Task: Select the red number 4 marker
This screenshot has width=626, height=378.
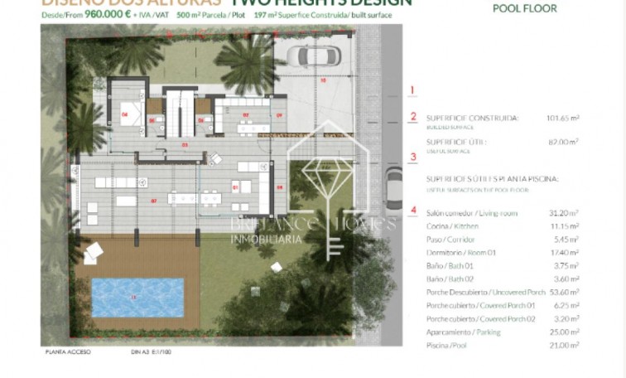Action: pyautogui.click(x=412, y=210)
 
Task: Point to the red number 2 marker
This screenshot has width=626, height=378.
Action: pyautogui.click(x=412, y=117)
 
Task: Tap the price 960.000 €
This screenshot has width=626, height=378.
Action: pyautogui.click(x=106, y=14)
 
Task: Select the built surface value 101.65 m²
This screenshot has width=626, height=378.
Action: pyautogui.click(x=562, y=118)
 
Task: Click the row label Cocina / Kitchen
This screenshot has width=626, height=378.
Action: pyautogui.click(x=454, y=226)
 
